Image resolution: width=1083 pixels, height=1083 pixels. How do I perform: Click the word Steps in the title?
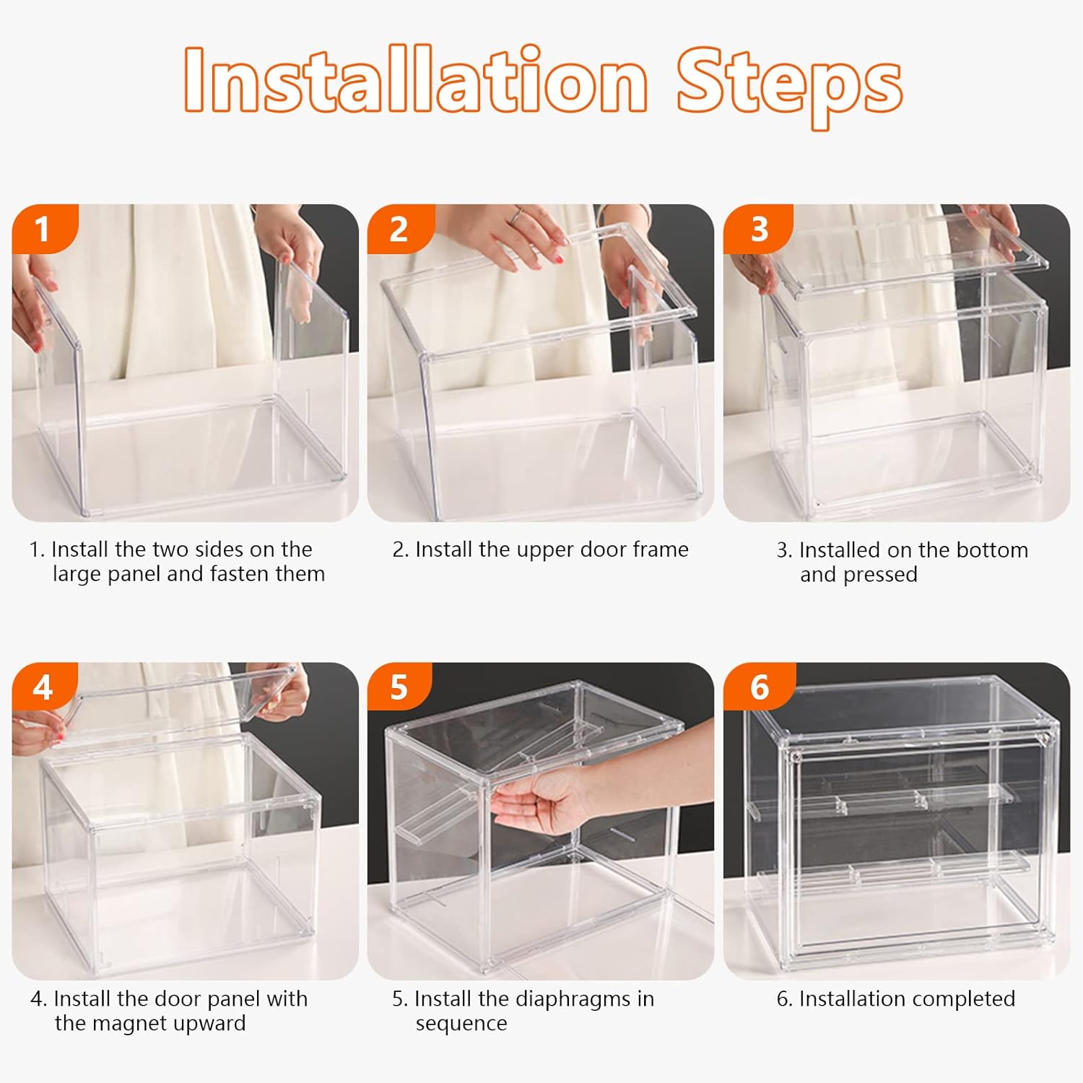pyautogui.click(x=789, y=87)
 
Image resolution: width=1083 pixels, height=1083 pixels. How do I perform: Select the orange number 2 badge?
pyautogui.click(x=400, y=229)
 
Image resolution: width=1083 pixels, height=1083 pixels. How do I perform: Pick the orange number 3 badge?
pyautogui.click(x=757, y=229)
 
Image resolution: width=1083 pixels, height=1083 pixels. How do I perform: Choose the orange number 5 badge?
pyautogui.click(x=400, y=687)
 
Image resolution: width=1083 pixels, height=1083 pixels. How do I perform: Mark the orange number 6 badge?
pyautogui.click(x=759, y=687)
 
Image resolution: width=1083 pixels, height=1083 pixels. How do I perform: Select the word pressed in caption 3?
pyautogui.click(x=880, y=575)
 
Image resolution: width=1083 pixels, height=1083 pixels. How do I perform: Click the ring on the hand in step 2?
pyautogui.click(x=517, y=214)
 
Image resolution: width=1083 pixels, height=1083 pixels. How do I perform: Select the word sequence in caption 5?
pyautogui.click(x=461, y=1025)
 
